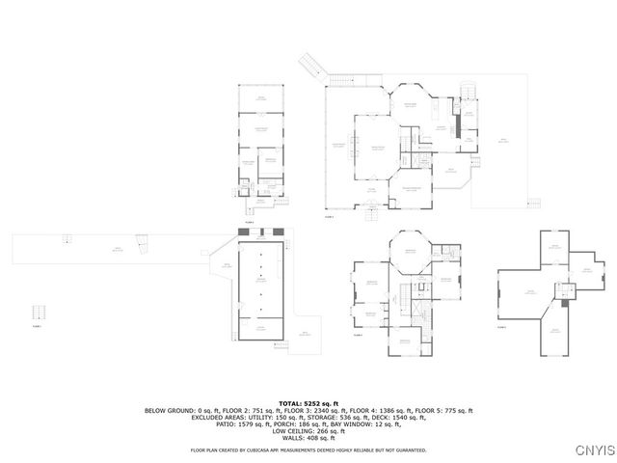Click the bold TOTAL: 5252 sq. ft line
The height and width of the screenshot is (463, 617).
[308, 402]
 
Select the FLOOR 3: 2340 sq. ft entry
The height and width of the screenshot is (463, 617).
[293, 410]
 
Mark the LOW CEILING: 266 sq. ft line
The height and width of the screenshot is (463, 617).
[308, 433]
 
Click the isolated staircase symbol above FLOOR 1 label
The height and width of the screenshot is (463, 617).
[40, 313]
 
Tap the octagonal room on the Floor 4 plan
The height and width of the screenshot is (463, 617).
[410, 253]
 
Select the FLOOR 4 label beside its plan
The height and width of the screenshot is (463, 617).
[358, 337]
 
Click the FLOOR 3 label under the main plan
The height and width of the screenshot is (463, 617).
[329, 217]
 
